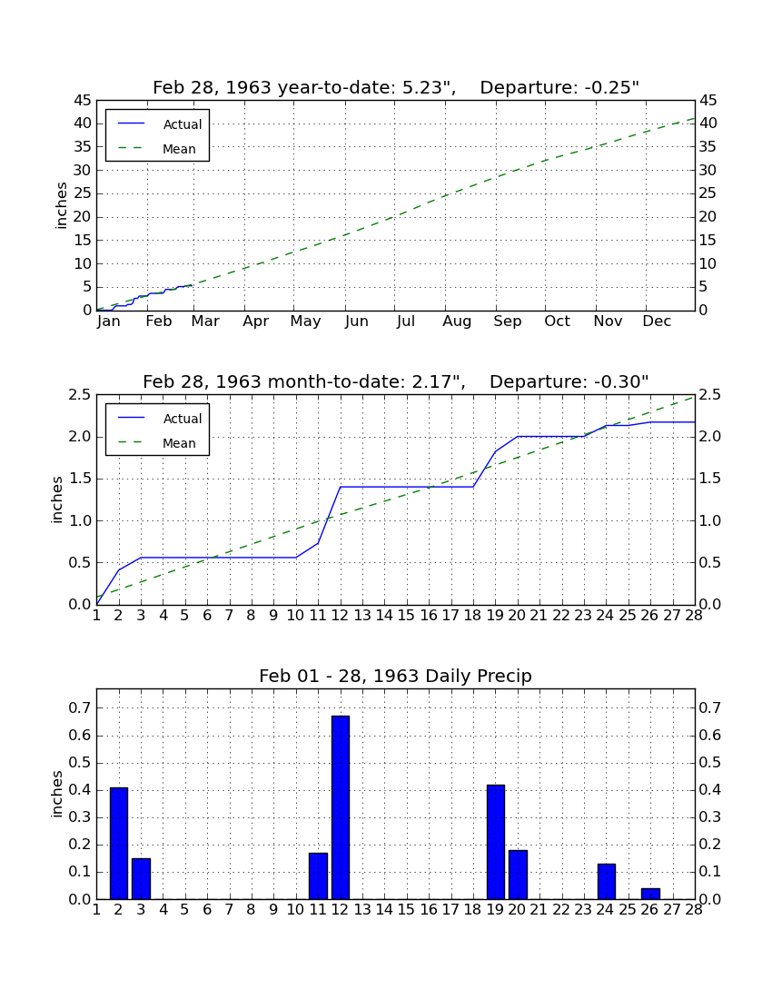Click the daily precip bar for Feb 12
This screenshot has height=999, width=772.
pos(341,807)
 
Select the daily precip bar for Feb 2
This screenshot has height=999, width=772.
pos(118,844)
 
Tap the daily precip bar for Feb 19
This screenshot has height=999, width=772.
pos(496,842)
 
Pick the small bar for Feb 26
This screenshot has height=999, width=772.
pos(650,894)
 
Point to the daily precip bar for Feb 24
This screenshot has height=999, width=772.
pos(607,881)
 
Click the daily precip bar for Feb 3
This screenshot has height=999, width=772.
pos(141,878)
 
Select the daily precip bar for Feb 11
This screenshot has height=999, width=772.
pos(318,876)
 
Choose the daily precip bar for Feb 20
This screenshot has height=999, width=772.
pos(518,874)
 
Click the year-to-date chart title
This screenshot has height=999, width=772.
pos(396,87)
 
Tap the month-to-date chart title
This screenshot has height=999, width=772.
pos(396,381)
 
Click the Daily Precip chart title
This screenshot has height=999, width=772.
pos(396,676)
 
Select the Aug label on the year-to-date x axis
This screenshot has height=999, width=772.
pos(458,321)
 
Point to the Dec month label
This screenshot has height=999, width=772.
pos(657,321)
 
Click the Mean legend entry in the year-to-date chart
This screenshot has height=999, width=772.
pos(157,149)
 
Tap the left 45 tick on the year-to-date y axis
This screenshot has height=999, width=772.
pos(83,101)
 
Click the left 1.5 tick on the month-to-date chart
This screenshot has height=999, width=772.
pos(81,480)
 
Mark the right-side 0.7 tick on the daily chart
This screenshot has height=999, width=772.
pos(710,707)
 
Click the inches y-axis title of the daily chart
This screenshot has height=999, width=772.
pos(57,795)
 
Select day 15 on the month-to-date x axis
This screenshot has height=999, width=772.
pos(406,616)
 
